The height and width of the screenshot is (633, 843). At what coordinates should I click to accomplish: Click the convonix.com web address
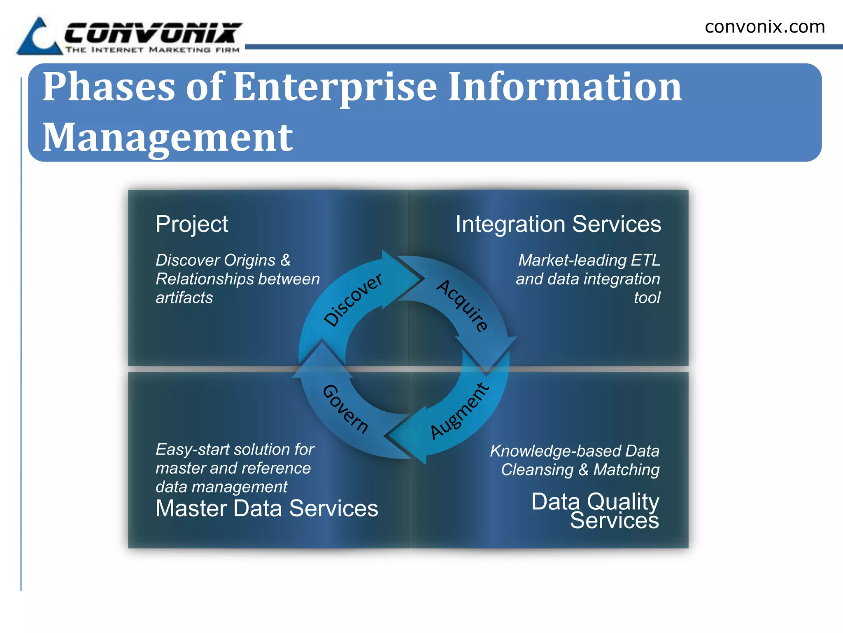click(764, 27)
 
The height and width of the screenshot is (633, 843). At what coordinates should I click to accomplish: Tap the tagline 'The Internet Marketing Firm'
click(152, 50)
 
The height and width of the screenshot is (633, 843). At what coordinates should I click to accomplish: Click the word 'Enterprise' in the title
click(335, 87)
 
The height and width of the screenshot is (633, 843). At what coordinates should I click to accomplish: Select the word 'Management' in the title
click(168, 138)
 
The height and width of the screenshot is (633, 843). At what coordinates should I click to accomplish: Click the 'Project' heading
click(191, 225)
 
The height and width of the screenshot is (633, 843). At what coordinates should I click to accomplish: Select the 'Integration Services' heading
click(558, 225)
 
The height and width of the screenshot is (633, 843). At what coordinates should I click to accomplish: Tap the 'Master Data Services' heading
click(267, 508)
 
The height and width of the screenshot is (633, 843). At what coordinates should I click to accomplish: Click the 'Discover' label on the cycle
click(353, 300)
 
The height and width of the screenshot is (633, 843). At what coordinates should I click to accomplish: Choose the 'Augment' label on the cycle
click(460, 410)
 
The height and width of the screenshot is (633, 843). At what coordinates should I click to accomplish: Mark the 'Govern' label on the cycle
click(345, 409)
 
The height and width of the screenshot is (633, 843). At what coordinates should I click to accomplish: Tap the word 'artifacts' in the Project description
click(184, 298)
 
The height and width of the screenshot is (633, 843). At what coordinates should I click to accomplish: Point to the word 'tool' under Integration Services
click(647, 298)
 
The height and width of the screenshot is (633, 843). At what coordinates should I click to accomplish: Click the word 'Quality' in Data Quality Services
click(623, 502)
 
